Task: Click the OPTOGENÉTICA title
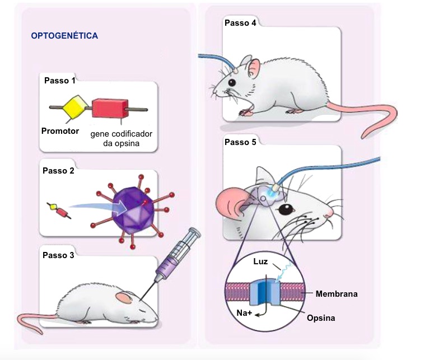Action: [x=64, y=36]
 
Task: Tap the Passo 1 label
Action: [x=60, y=81]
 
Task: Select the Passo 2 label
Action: [x=58, y=171]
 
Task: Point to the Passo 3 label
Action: [x=58, y=255]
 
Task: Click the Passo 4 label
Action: [x=240, y=23]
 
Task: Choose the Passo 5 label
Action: [x=240, y=142]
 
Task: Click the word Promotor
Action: [x=60, y=132]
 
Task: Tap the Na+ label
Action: [x=244, y=312]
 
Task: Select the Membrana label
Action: [x=337, y=293]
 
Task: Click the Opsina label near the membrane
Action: [x=321, y=318]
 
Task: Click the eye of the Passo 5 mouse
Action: [x=287, y=210]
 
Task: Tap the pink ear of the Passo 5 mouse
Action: [x=232, y=203]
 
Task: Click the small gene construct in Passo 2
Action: [x=59, y=211]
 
